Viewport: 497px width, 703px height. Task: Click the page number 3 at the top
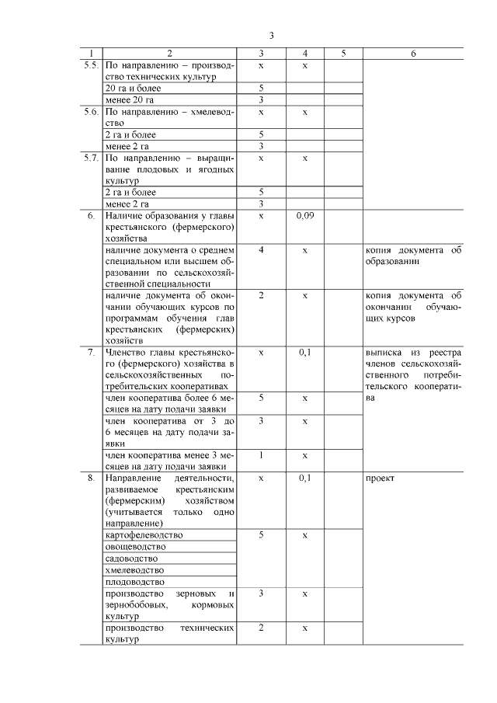click(271, 36)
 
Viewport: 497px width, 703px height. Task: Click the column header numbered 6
click(413, 54)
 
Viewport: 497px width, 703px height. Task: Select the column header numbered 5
click(343, 54)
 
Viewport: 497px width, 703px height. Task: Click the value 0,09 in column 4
click(304, 215)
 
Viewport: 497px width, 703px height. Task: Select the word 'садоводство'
click(130, 559)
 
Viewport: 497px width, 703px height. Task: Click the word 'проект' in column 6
click(380, 478)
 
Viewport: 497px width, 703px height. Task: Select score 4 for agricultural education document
click(261, 250)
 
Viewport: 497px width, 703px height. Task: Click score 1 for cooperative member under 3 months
click(261, 454)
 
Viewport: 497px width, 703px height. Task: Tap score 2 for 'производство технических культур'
click(261, 627)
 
